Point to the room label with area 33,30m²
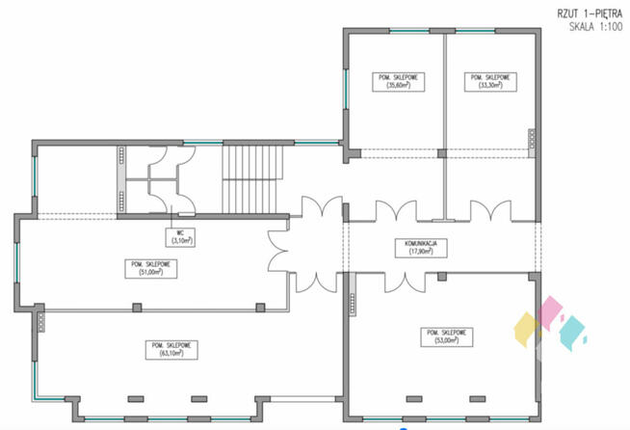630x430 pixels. (x=487, y=81)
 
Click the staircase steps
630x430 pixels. (x=256, y=177)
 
